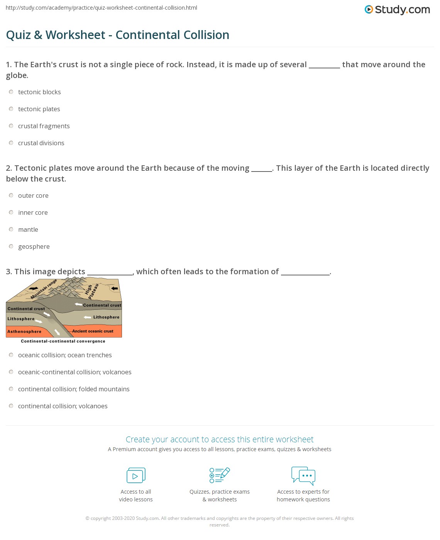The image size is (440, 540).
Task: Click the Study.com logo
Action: click(397, 10)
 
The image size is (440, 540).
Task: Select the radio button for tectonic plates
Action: click(11, 109)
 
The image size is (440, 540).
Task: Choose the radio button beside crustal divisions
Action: click(11, 143)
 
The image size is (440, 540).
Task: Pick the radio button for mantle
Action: click(11, 229)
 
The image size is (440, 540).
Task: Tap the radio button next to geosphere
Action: click(11, 246)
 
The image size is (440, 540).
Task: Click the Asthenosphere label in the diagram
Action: click(24, 331)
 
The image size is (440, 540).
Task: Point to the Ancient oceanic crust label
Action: click(93, 331)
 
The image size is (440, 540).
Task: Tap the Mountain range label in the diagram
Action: click(43, 289)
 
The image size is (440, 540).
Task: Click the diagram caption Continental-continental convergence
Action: click(63, 341)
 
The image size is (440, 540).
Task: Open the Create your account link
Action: click(219, 439)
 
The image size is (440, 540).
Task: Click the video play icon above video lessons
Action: click(136, 475)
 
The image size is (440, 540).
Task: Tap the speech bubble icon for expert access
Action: click(303, 475)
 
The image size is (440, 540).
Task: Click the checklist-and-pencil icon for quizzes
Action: click(220, 475)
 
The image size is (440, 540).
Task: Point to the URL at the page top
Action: click(102, 8)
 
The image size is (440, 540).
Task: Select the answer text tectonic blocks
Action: click(39, 92)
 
